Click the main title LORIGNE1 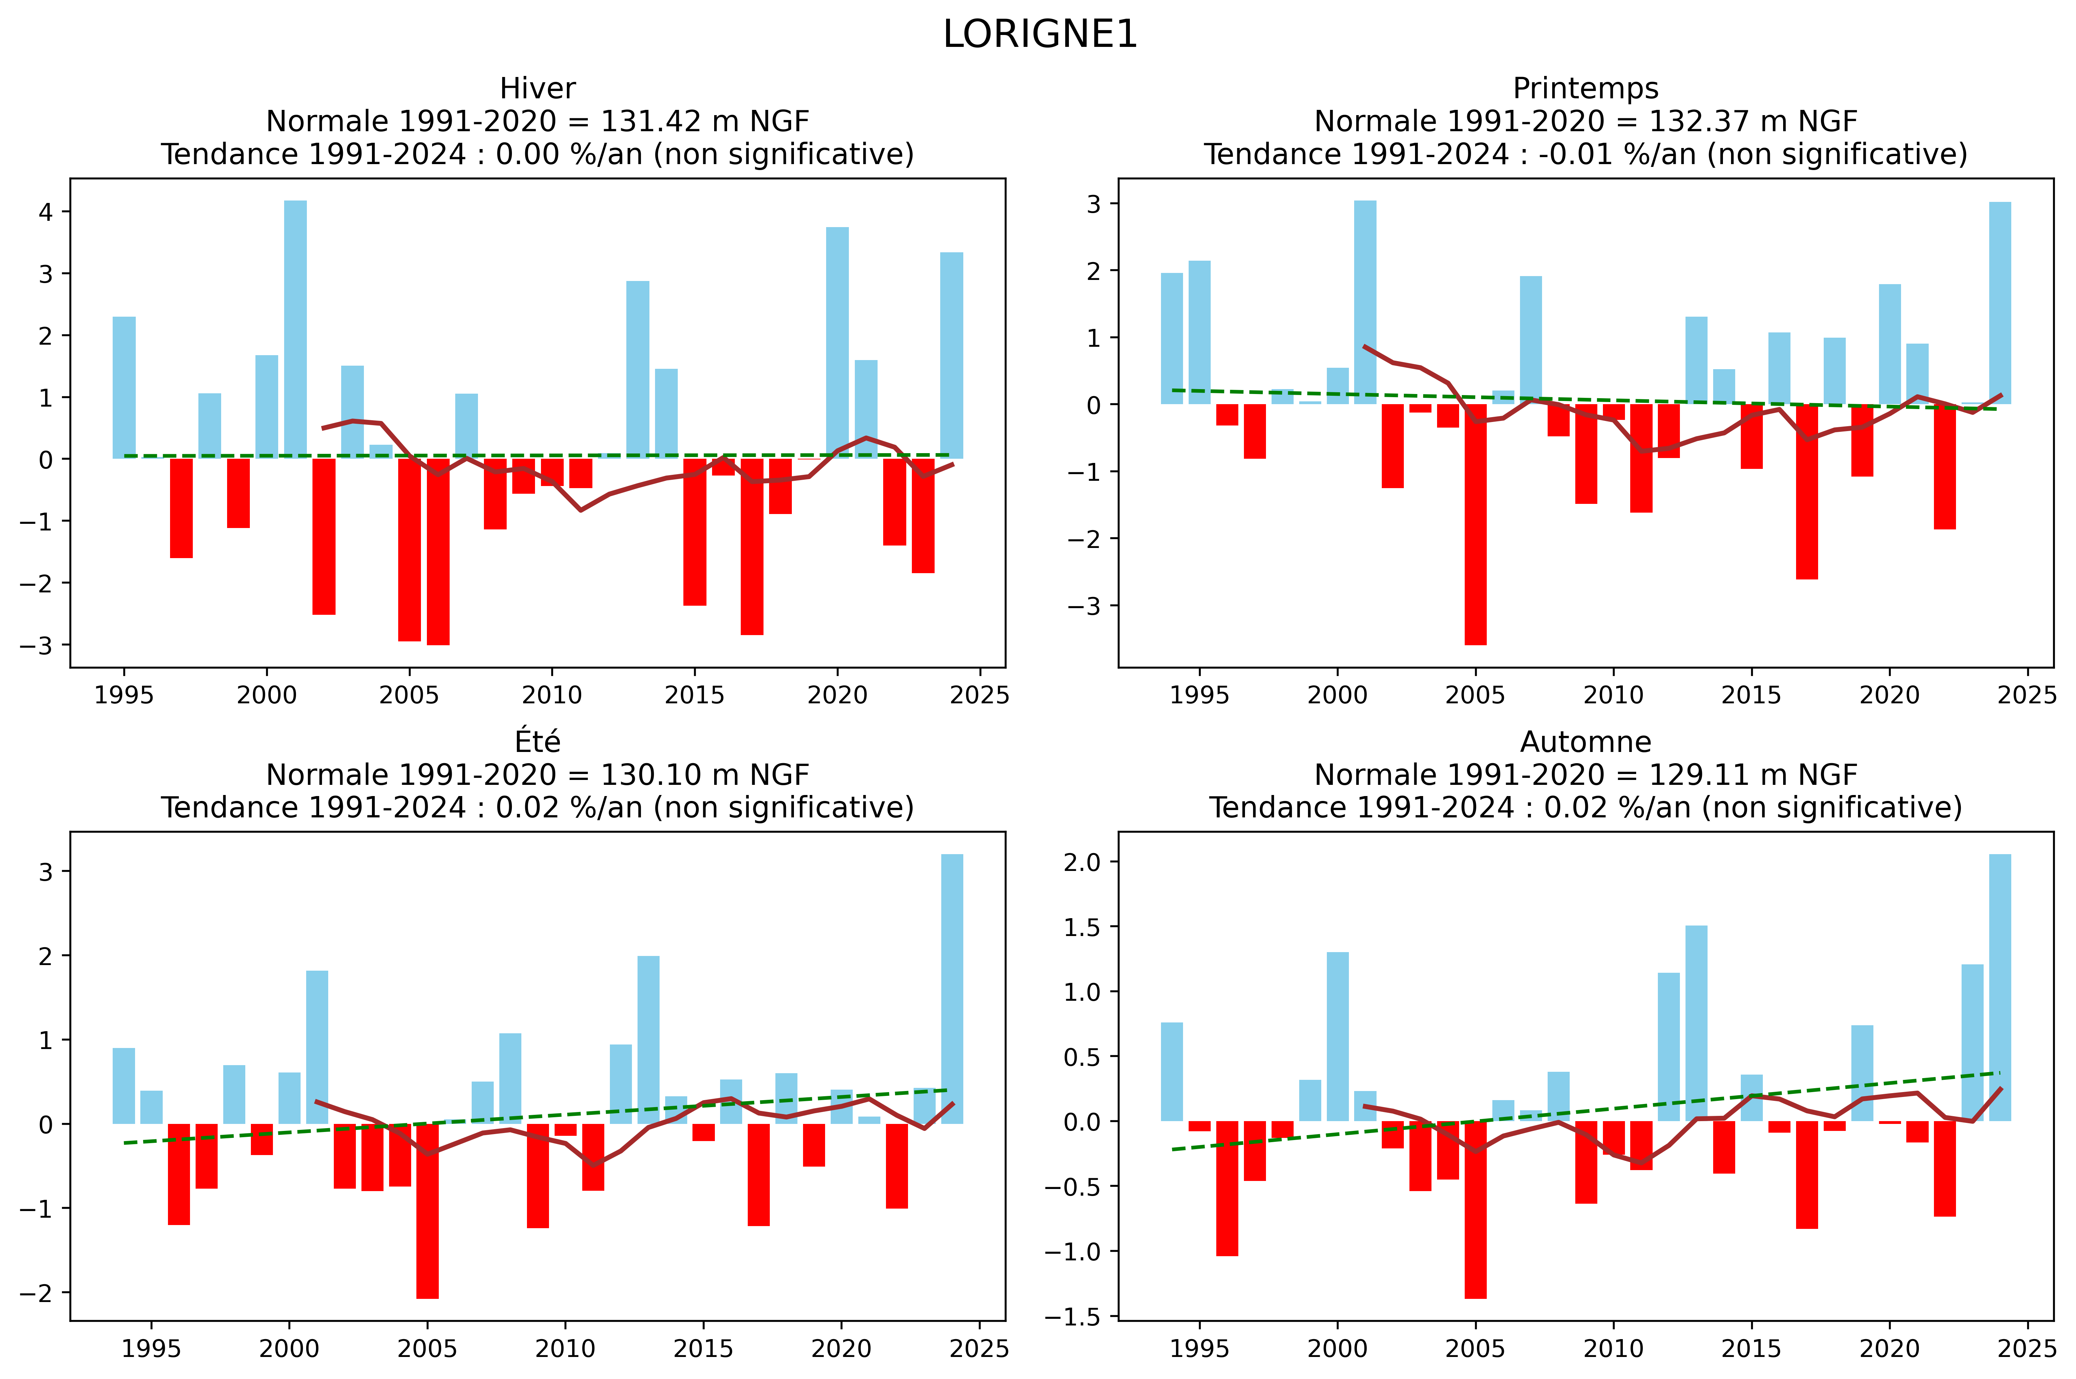pos(1039,35)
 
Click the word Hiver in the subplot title pos(537,89)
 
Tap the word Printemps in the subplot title pos(1585,89)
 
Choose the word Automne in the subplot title pos(1585,742)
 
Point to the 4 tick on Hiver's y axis pos(46,212)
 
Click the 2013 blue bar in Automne pos(1696,1023)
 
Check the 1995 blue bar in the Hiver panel pos(124,387)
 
